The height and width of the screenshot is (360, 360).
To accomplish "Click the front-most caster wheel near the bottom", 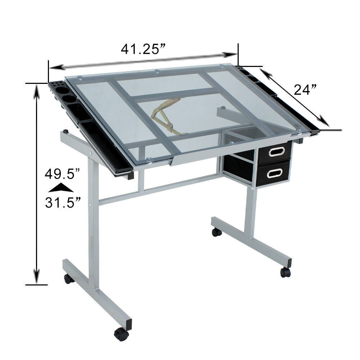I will pos(121,334).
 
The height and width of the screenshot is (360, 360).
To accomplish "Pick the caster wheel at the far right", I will pos(285,272).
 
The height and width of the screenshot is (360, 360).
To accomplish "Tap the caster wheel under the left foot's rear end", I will pos(69,279).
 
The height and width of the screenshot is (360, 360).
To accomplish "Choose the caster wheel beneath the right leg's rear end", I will pos(216,232).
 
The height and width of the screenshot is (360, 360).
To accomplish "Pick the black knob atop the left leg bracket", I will pos(66,131).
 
